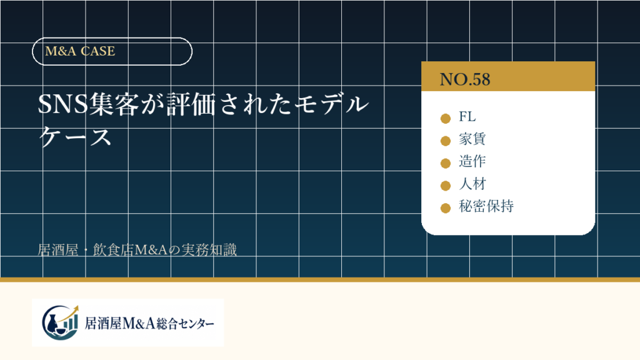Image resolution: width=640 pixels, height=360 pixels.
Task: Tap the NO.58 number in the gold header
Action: (x=465, y=79)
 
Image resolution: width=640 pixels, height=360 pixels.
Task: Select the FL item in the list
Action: (x=467, y=117)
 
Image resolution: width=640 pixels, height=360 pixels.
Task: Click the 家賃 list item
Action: (x=472, y=139)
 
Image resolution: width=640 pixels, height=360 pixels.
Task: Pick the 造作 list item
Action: (x=472, y=161)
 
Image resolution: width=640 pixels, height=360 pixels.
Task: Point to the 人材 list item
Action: (x=472, y=184)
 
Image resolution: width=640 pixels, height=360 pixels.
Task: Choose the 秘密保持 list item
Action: (x=486, y=206)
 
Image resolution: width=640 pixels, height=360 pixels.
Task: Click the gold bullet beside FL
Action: (x=445, y=118)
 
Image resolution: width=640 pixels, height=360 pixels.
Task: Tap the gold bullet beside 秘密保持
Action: (x=445, y=208)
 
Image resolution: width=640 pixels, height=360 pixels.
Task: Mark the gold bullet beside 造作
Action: (x=445, y=163)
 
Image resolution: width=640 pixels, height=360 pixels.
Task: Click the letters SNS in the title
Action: (x=63, y=104)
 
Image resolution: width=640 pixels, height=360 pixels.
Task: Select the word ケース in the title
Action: (x=75, y=136)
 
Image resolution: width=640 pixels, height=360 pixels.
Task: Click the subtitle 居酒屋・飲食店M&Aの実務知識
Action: (x=137, y=250)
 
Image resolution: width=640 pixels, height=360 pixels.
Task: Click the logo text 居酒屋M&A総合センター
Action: (x=149, y=324)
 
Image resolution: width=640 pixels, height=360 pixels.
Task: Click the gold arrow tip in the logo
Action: (x=77, y=306)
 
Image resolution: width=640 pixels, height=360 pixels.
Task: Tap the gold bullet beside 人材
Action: (x=445, y=186)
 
